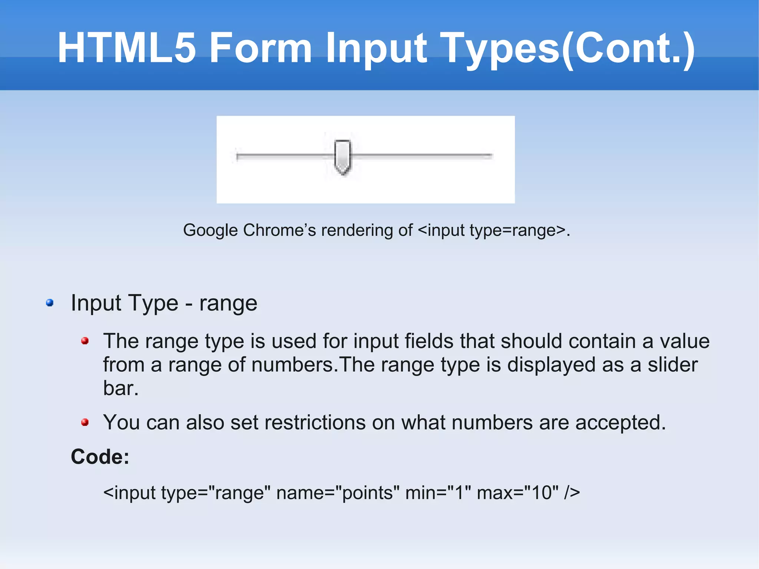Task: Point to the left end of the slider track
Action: coord(238,156)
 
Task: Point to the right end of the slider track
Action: coord(491,156)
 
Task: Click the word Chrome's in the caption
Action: coord(279,230)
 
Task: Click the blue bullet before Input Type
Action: coord(50,303)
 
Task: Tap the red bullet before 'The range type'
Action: coord(85,341)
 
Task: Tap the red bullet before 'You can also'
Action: coord(85,422)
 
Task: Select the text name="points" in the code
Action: coord(338,493)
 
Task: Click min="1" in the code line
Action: coord(438,493)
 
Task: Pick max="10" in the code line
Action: coord(517,493)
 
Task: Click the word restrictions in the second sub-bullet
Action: coord(298,423)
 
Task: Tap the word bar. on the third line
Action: coord(121,388)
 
